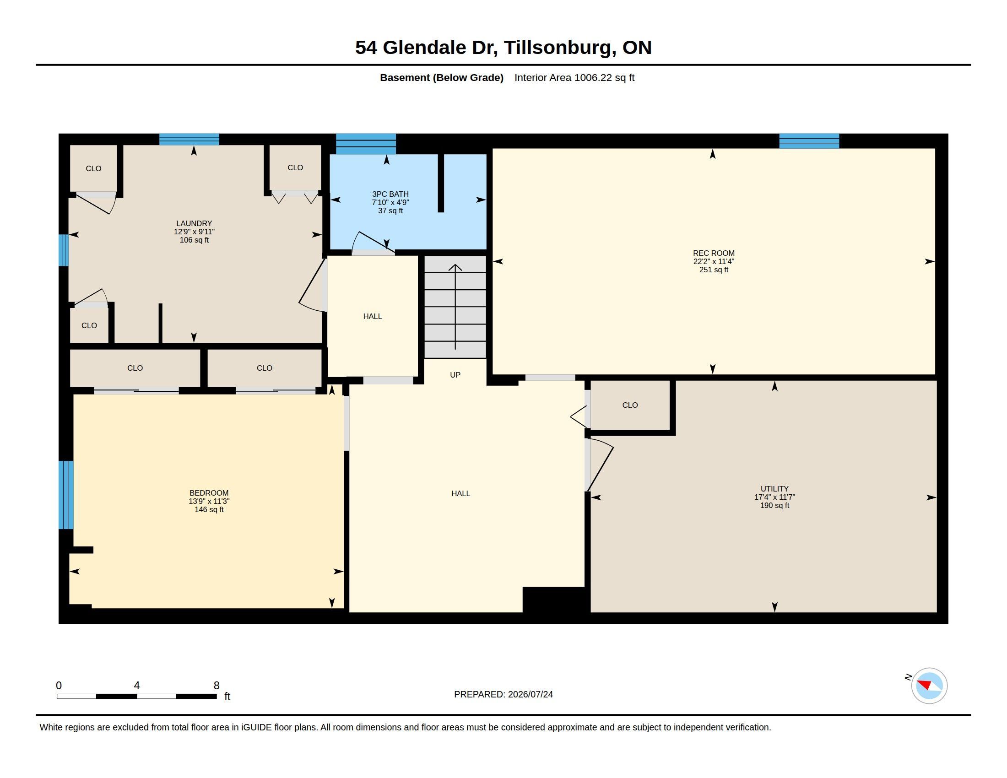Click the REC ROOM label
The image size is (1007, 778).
pyautogui.click(x=713, y=253)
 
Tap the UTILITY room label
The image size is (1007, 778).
pyautogui.click(x=774, y=489)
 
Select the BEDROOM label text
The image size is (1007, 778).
pyautogui.click(x=209, y=493)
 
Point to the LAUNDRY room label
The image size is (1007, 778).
pyautogui.click(x=194, y=223)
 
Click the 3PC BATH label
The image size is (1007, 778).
pyautogui.click(x=390, y=194)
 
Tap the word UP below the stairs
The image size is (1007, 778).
pyautogui.click(x=455, y=375)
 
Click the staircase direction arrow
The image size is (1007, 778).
pyautogui.click(x=455, y=307)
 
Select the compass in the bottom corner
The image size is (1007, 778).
pyautogui.click(x=929, y=686)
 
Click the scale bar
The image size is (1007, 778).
pyautogui.click(x=136, y=696)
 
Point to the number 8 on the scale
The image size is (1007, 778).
pyautogui.click(x=216, y=686)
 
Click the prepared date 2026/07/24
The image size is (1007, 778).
pyautogui.click(x=530, y=694)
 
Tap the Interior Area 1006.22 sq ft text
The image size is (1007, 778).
pyautogui.click(x=574, y=77)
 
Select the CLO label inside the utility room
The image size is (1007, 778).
pyautogui.click(x=630, y=405)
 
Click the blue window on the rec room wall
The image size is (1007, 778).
pyautogui.click(x=809, y=141)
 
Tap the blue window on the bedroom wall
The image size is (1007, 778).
pyautogui.click(x=66, y=495)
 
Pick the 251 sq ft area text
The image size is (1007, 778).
pyautogui.click(x=713, y=270)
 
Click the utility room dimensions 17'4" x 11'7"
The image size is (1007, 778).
pyautogui.click(x=774, y=497)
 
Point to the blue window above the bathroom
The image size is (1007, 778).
pyautogui.click(x=366, y=144)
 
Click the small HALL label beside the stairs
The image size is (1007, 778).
pyautogui.click(x=372, y=316)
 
